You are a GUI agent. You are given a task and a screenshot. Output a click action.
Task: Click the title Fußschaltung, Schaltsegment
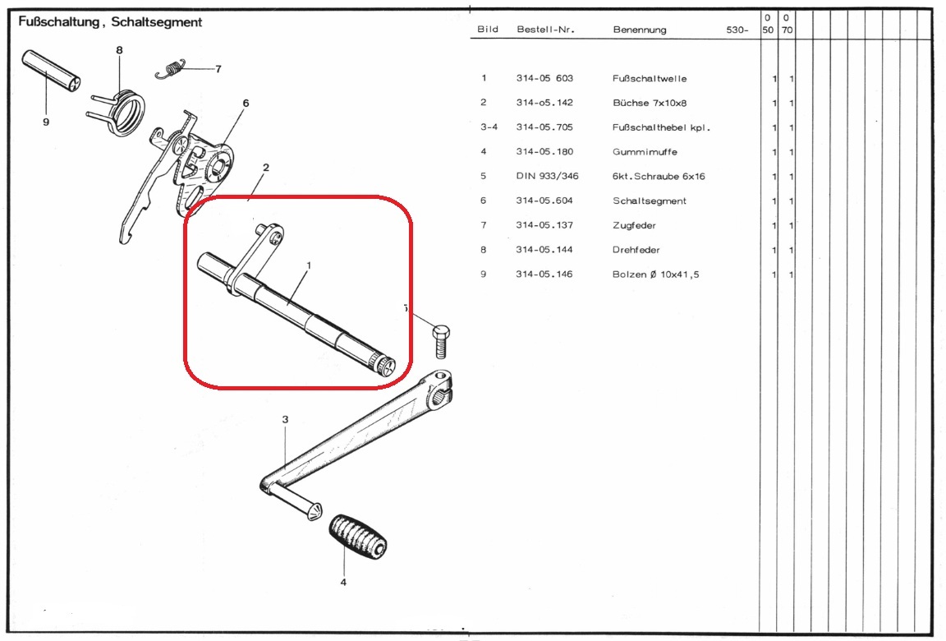pyautogui.click(x=110, y=22)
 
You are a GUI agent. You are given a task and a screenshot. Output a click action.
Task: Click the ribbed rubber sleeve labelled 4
pyautogui.click(x=358, y=537)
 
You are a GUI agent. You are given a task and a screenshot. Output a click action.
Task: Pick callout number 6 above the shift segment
pyautogui.click(x=246, y=104)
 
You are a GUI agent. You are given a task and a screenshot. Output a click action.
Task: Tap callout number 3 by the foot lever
pyautogui.click(x=285, y=420)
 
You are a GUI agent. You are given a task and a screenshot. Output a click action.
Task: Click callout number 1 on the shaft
pyautogui.click(x=309, y=265)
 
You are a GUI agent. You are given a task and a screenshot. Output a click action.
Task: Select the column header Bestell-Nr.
pyautogui.click(x=545, y=30)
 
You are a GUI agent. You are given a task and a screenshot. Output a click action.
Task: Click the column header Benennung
pyautogui.click(x=640, y=30)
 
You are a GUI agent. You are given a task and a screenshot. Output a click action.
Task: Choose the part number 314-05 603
pyautogui.click(x=544, y=79)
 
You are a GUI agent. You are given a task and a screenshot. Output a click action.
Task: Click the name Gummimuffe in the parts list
pyautogui.click(x=645, y=152)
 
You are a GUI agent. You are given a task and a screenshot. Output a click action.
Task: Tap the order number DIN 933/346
pyautogui.click(x=547, y=177)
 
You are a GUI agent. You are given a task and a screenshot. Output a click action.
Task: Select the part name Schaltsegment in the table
pyautogui.click(x=649, y=201)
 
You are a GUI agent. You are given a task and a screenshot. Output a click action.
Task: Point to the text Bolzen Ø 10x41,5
pyautogui.click(x=655, y=274)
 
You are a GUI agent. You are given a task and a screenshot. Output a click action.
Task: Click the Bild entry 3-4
pyautogui.click(x=489, y=127)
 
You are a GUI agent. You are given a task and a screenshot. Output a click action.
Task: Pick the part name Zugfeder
pyautogui.click(x=634, y=225)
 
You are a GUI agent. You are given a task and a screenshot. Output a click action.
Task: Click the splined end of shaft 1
pyautogui.click(x=382, y=364)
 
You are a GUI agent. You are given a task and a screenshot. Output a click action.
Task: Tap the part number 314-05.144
pyautogui.click(x=544, y=250)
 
